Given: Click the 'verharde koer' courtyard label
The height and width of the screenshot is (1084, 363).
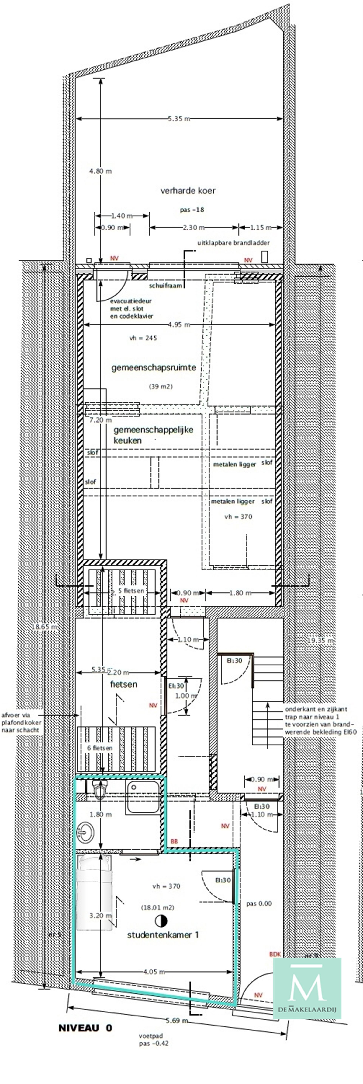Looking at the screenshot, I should point(188,191).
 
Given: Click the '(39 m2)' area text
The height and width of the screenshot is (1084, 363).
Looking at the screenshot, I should point(161,386).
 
